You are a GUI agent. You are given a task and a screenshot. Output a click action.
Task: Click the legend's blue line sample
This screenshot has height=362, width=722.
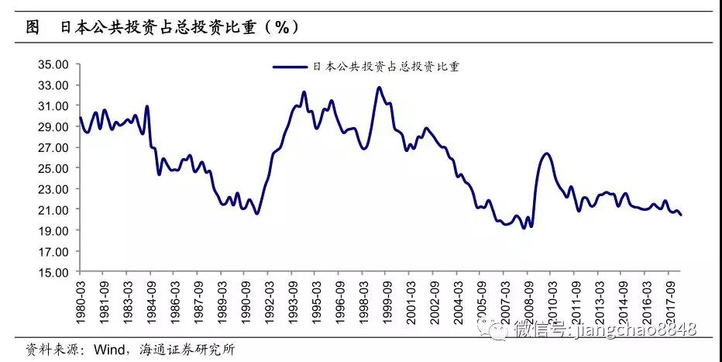coord(291,67)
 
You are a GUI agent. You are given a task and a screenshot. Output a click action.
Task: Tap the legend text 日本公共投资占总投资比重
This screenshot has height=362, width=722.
coord(386,67)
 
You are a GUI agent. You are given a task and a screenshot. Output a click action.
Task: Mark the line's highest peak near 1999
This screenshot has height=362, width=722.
coord(379,88)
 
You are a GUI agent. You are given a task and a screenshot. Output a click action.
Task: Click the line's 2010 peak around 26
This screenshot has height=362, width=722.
coord(546,153)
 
